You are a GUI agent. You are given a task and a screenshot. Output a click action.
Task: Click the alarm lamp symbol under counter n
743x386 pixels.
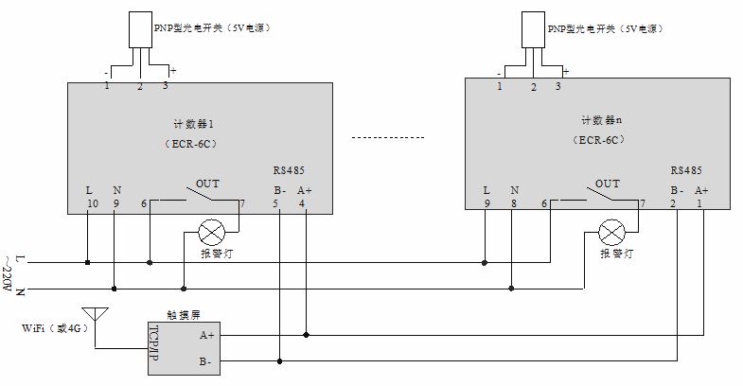[612, 231]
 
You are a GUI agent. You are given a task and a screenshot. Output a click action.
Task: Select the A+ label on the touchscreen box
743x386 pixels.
[207, 334]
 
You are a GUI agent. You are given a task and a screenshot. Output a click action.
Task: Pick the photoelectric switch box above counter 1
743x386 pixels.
[139, 32]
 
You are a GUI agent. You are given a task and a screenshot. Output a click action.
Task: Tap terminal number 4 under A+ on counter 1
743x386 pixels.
[303, 203]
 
